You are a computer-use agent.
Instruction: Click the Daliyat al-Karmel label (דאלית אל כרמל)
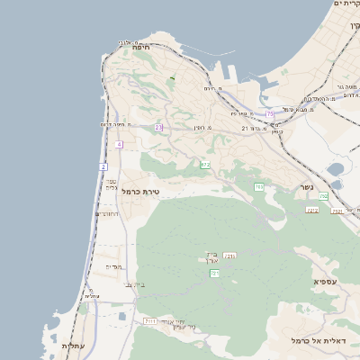click(324, 340)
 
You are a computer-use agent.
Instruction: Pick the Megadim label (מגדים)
click(113, 266)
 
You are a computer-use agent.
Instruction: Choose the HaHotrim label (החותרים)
click(106, 214)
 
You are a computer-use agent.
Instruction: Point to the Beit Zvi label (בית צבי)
click(136, 285)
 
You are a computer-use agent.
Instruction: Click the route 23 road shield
click(158, 128)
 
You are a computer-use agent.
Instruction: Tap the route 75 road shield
click(269, 113)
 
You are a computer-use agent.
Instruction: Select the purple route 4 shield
click(119, 144)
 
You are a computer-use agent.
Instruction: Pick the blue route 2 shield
click(103, 167)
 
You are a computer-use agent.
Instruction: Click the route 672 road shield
click(205, 165)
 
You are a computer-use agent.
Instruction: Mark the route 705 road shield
click(259, 186)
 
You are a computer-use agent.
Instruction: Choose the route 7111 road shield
click(150, 320)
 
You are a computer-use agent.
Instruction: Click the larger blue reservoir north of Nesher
click(336, 168)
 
